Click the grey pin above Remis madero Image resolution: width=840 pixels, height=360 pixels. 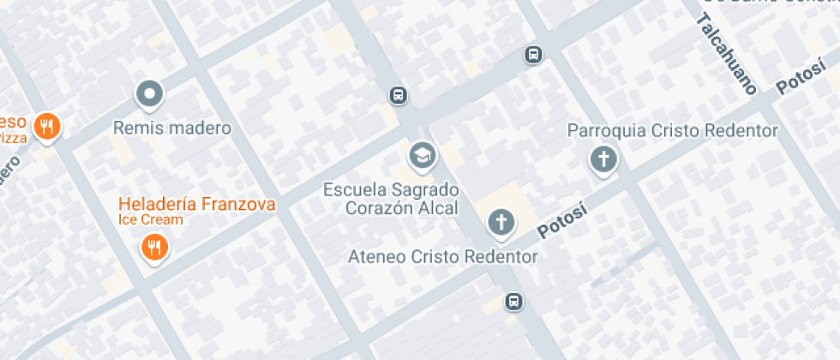tap(150, 93)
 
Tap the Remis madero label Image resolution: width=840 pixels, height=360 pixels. tap(173, 129)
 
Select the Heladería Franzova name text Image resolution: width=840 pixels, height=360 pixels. tap(197, 204)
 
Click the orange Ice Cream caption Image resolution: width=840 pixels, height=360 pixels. tap(151, 219)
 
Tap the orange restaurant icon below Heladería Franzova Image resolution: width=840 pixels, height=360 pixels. tap(154, 249)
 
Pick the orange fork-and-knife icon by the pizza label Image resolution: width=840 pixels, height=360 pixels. tap(47, 127)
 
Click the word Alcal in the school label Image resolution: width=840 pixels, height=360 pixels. tap(438, 207)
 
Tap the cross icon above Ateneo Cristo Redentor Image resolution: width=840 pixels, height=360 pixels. tap(501, 223)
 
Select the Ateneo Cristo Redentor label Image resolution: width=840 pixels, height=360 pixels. tap(443, 256)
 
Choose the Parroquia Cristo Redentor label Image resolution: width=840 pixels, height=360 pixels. tap(673, 131)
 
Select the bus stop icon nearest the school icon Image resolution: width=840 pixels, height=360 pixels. tap(398, 94)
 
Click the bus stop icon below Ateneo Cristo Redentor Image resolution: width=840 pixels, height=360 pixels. tap(513, 301)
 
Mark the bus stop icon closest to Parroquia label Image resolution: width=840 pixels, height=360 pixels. tap(534, 55)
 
